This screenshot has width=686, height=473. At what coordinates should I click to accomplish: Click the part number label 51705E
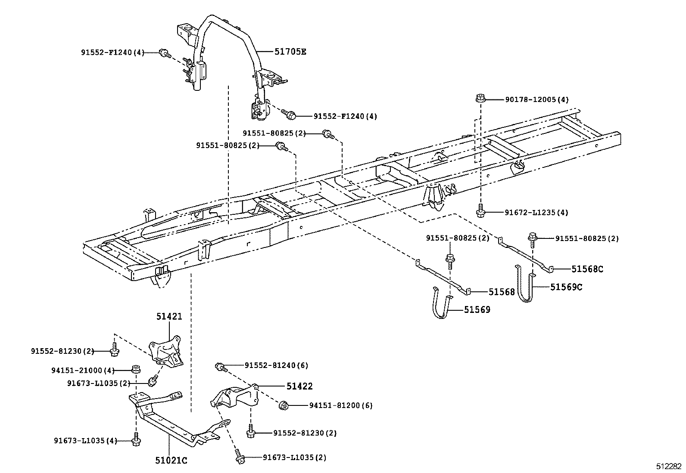tap(290, 52)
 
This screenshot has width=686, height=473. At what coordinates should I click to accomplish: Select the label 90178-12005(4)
tap(536, 100)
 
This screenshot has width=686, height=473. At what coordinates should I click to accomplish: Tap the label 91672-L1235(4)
tap(536, 213)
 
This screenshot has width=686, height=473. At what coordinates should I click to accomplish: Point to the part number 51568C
tap(587, 269)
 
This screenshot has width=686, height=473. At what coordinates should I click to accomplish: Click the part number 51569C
tap(566, 287)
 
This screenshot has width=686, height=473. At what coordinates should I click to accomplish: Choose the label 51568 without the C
tap(502, 292)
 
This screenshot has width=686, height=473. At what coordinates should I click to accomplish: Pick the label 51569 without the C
tap(477, 309)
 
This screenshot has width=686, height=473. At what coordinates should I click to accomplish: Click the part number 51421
tap(169, 316)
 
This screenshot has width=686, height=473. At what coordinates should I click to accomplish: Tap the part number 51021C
tap(171, 460)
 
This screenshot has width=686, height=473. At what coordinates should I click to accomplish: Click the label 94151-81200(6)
tap(341, 405)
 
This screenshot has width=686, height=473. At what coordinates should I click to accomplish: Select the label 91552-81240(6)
tap(276, 365)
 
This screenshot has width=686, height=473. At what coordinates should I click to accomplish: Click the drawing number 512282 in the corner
tap(669, 466)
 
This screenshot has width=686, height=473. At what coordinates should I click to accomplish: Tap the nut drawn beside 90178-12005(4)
tap(481, 98)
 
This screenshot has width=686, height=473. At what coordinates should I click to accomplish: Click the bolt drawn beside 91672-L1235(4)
tap(480, 211)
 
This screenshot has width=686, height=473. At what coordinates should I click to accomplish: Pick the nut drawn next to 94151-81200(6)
tap(284, 405)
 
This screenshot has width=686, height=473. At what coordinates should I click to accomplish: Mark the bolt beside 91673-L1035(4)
tap(137, 440)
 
